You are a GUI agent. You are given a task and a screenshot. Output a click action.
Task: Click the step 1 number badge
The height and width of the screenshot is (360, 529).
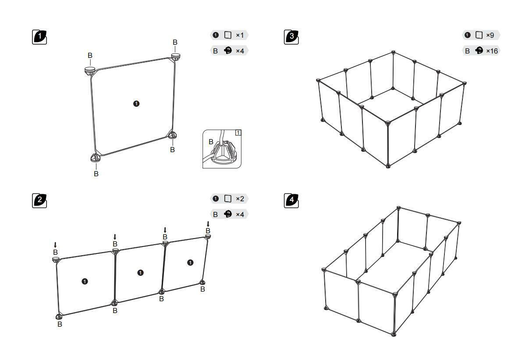39,37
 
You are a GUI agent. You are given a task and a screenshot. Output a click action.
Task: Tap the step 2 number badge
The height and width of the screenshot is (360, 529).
39,201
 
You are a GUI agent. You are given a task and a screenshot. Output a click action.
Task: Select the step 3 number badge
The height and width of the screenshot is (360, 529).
291,37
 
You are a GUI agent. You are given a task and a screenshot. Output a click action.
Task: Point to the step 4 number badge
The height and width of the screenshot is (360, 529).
291,201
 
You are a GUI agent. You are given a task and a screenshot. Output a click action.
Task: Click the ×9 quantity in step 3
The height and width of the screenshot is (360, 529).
490,35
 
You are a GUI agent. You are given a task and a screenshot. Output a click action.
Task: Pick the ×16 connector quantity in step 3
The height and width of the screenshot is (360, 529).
492,51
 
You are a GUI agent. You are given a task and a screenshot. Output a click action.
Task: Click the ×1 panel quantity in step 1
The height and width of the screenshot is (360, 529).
240,35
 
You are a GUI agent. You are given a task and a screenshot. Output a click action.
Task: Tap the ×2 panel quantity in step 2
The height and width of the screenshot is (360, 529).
240,199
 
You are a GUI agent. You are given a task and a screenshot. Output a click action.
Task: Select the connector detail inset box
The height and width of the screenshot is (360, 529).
222,149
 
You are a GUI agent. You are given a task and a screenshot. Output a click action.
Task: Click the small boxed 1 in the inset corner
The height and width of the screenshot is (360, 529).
238,133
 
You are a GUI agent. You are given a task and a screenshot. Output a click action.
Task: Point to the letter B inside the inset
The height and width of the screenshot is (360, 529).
211,142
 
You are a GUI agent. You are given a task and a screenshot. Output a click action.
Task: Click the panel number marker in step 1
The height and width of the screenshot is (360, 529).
136,103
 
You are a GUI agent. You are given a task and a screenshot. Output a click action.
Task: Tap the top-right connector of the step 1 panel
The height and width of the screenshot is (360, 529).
176,57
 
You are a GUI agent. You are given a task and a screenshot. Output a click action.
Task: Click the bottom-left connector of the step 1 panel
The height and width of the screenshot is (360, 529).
96,158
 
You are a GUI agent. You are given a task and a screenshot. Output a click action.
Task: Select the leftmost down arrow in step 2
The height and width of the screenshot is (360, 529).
55,245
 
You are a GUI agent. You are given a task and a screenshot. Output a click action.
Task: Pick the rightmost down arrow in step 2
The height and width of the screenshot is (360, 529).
208,224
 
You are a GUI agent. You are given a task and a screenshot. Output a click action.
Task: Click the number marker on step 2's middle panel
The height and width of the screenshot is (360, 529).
141,273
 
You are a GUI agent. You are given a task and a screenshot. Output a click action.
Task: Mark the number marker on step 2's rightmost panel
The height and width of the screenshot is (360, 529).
190,263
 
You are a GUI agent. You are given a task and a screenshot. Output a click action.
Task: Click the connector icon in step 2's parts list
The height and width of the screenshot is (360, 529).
227,214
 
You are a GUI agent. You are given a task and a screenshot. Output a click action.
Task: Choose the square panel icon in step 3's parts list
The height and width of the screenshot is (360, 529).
479,35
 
